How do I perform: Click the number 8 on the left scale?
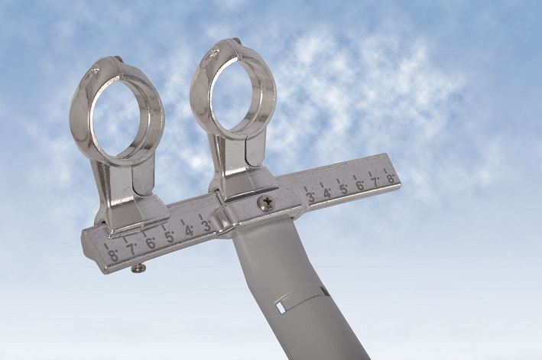(x=113, y=255)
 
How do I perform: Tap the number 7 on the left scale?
(x=131, y=249)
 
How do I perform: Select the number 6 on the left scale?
(x=151, y=243)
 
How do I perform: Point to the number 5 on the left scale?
(x=170, y=237)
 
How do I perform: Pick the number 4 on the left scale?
(x=188, y=231)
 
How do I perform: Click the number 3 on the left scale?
(x=206, y=225)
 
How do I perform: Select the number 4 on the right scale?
(x=326, y=193)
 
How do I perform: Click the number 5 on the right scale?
(x=343, y=190)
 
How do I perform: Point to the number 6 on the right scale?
(x=359, y=186)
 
